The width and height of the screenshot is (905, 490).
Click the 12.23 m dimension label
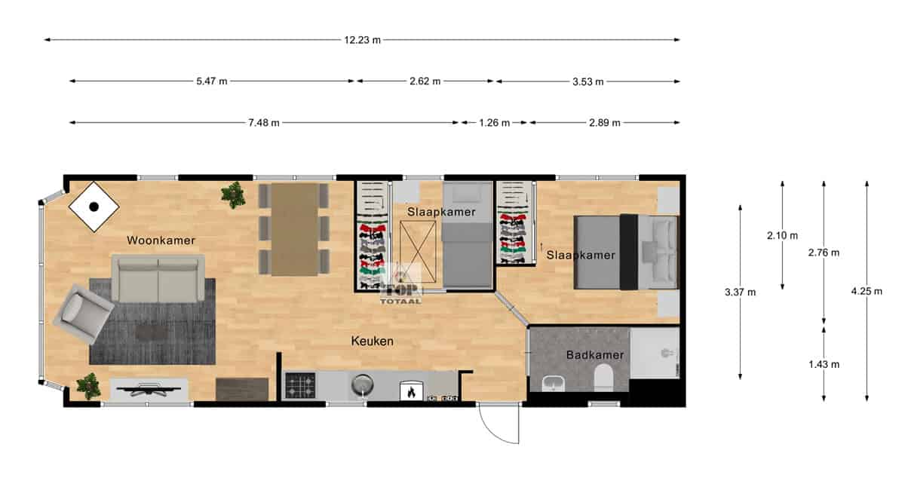(x=362, y=40)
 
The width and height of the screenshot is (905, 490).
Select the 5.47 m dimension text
(x=212, y=81)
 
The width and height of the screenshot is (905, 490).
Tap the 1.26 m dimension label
(x=494, y=123)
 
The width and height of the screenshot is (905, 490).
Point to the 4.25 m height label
(x=867, y=291)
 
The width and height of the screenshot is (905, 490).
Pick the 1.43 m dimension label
(x=824, y=364)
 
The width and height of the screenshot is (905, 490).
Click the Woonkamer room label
(x=161, y=240)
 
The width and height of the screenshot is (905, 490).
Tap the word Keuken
(x=372, y=341)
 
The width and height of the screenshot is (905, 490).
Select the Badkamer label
(x=595, y=355)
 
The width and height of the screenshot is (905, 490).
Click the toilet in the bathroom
(x=603, y=377)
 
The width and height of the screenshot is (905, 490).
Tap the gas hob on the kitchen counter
(x=300, y=385)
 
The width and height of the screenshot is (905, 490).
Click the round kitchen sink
(x=363, y=384)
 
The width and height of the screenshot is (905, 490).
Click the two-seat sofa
(x=158, y=278)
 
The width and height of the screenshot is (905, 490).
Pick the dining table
(x=295, y=230)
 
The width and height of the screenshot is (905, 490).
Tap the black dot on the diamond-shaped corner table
(x=94, y=207)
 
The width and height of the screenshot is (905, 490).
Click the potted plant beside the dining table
(x=233, y=194)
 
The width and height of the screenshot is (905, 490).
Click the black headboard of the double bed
(x=629, y=252)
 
